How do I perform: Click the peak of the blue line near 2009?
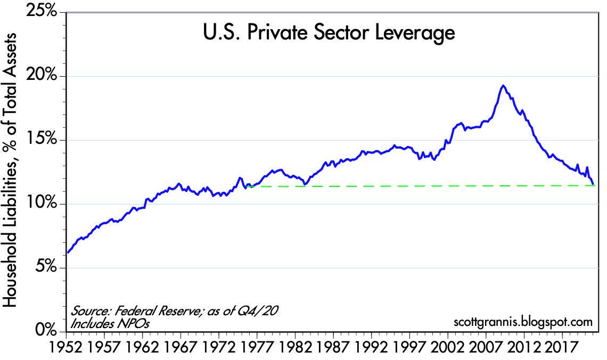pos(502,86)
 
